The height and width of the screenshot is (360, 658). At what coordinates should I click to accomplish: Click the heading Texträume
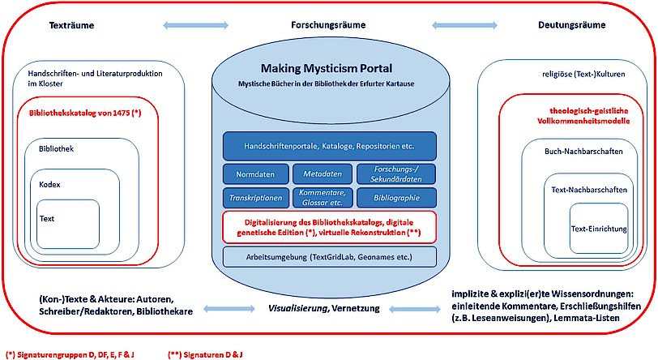click(71, 25)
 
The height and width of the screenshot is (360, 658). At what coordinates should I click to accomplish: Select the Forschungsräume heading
click(328, 25)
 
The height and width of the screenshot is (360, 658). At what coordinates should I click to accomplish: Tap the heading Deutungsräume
click(571, 25)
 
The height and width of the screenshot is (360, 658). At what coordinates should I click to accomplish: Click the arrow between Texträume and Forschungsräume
click(195, 25)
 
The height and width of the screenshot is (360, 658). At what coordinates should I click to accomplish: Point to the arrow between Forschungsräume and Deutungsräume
click(464, 25)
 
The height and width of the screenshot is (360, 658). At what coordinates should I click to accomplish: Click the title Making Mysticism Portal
click(327, 68)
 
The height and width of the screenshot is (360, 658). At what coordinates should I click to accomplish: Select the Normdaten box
click(255, 174)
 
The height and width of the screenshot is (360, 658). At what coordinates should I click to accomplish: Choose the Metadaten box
click(323, 174)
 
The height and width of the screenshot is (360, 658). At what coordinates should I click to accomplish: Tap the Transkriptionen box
click(255, 198)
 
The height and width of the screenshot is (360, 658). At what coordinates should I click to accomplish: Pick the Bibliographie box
click(396, 198)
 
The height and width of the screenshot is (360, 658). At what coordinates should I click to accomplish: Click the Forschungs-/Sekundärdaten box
click(396, 174)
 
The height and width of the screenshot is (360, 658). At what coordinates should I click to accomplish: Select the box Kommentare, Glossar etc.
click(323, 198)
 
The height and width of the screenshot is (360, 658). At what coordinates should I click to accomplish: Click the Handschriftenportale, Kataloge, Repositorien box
click(330, 146)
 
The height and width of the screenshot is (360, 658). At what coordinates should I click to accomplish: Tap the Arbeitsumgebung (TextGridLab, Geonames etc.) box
click(330, 257)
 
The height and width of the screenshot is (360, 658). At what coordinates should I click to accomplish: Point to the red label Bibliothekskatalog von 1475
click(85, 113)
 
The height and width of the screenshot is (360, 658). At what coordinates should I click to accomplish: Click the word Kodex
click(49, 184)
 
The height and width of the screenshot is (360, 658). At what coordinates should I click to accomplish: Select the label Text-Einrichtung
click(599, 229)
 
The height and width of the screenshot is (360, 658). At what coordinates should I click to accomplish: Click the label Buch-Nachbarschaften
click(583, 152)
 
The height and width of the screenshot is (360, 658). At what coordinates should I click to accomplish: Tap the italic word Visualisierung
click(297, 308)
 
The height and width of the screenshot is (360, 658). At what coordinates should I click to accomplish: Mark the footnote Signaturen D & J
click(205, 355)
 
